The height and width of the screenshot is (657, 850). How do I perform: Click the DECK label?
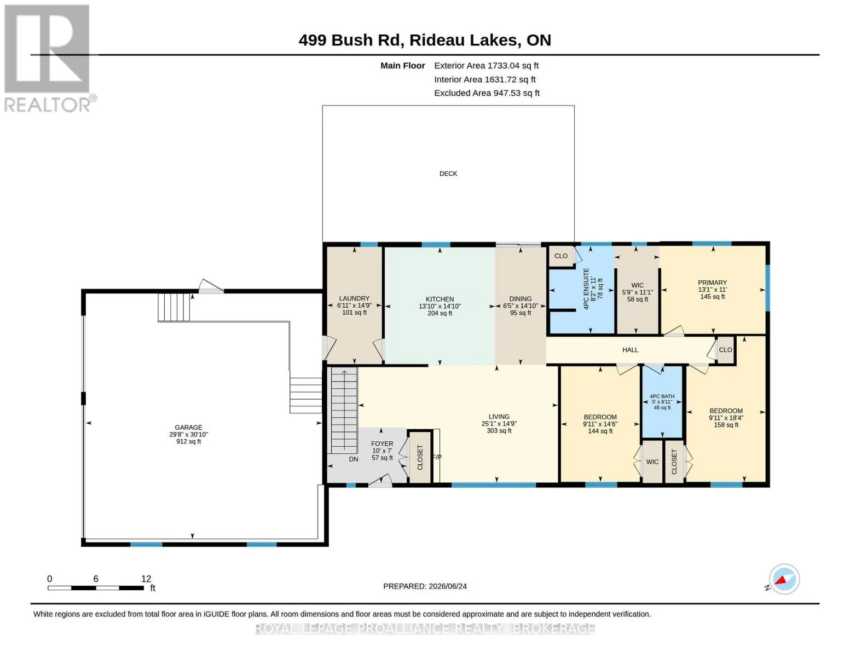[x=448, y=174]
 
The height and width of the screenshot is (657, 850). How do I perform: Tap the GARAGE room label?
[x=188, y=427]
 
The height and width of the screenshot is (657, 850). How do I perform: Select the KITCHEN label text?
[x=440, y=299]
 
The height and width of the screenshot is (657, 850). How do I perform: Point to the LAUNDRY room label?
[x=354, y=298]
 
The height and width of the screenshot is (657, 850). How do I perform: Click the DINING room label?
[x=521, y=298]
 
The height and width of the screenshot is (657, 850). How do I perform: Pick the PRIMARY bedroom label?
[x=712, y=283]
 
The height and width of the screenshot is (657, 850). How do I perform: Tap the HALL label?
[x=630, y=350]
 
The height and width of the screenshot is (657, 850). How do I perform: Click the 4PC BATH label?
[x=662, y=396]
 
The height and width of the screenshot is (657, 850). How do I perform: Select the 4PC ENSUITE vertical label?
[x=586, y=289]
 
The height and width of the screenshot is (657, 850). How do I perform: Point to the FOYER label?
[x=382, y=443]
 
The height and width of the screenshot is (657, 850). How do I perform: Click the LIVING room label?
[x=499, y=417]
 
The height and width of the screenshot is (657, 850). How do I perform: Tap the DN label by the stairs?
[x=353, y=459]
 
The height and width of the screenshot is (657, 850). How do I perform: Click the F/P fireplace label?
[x=437, y=457]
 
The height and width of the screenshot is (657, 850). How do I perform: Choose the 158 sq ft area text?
[x=726, y=424]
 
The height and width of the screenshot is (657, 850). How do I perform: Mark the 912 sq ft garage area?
[x=188, y=441]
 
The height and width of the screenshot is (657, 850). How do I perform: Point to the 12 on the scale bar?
[x=146, y=579]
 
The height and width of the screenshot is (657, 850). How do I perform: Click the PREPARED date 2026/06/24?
[x=448, y=586]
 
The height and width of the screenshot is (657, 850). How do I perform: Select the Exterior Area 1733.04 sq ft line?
[x=486, y=66]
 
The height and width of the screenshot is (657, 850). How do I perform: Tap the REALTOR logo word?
[x=47, y=105]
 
